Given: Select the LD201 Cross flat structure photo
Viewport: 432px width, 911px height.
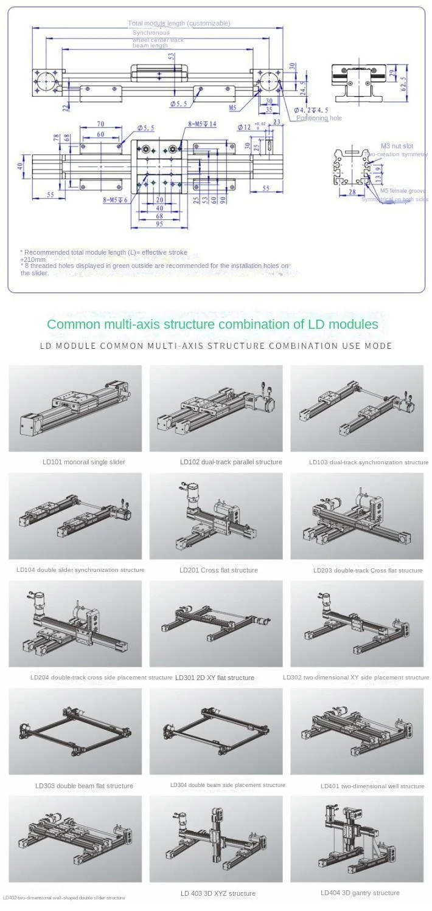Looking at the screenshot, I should (x=216, y=516).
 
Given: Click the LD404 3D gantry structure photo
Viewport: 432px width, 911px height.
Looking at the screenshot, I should (x=357, y=839).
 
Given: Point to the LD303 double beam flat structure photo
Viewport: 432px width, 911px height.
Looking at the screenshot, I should (x=75, y=731).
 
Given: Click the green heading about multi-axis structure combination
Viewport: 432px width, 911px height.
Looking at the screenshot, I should (x=212, y=324).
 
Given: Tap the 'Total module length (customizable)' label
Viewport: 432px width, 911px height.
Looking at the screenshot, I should (x=179, y=23).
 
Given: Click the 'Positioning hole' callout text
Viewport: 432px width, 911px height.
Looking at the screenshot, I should (x=319, y=119).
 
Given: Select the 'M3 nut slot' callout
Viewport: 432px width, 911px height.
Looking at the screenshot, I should (x=397, y=146).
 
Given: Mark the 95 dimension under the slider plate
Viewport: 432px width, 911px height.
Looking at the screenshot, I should (x=159, y=224).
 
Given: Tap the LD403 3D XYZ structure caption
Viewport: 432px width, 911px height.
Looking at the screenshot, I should (x=218, y=893).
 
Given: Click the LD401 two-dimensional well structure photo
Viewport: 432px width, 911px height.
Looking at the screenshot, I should (x=357, y=731).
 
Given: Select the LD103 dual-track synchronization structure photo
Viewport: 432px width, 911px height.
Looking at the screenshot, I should (x=357, y=408).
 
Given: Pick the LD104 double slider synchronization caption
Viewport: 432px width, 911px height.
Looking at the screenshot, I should (x=80, y=570).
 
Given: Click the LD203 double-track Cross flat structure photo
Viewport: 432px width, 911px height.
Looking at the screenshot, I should (x=357, y=516).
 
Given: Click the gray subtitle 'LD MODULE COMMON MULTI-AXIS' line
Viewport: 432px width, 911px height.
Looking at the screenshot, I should (x=215, y=346).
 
